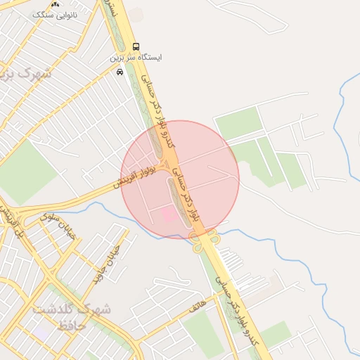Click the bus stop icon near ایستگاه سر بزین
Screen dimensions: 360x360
point(136,46)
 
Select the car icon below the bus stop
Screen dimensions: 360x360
point(120,71)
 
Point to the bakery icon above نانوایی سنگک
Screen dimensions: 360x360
point(56,4)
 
